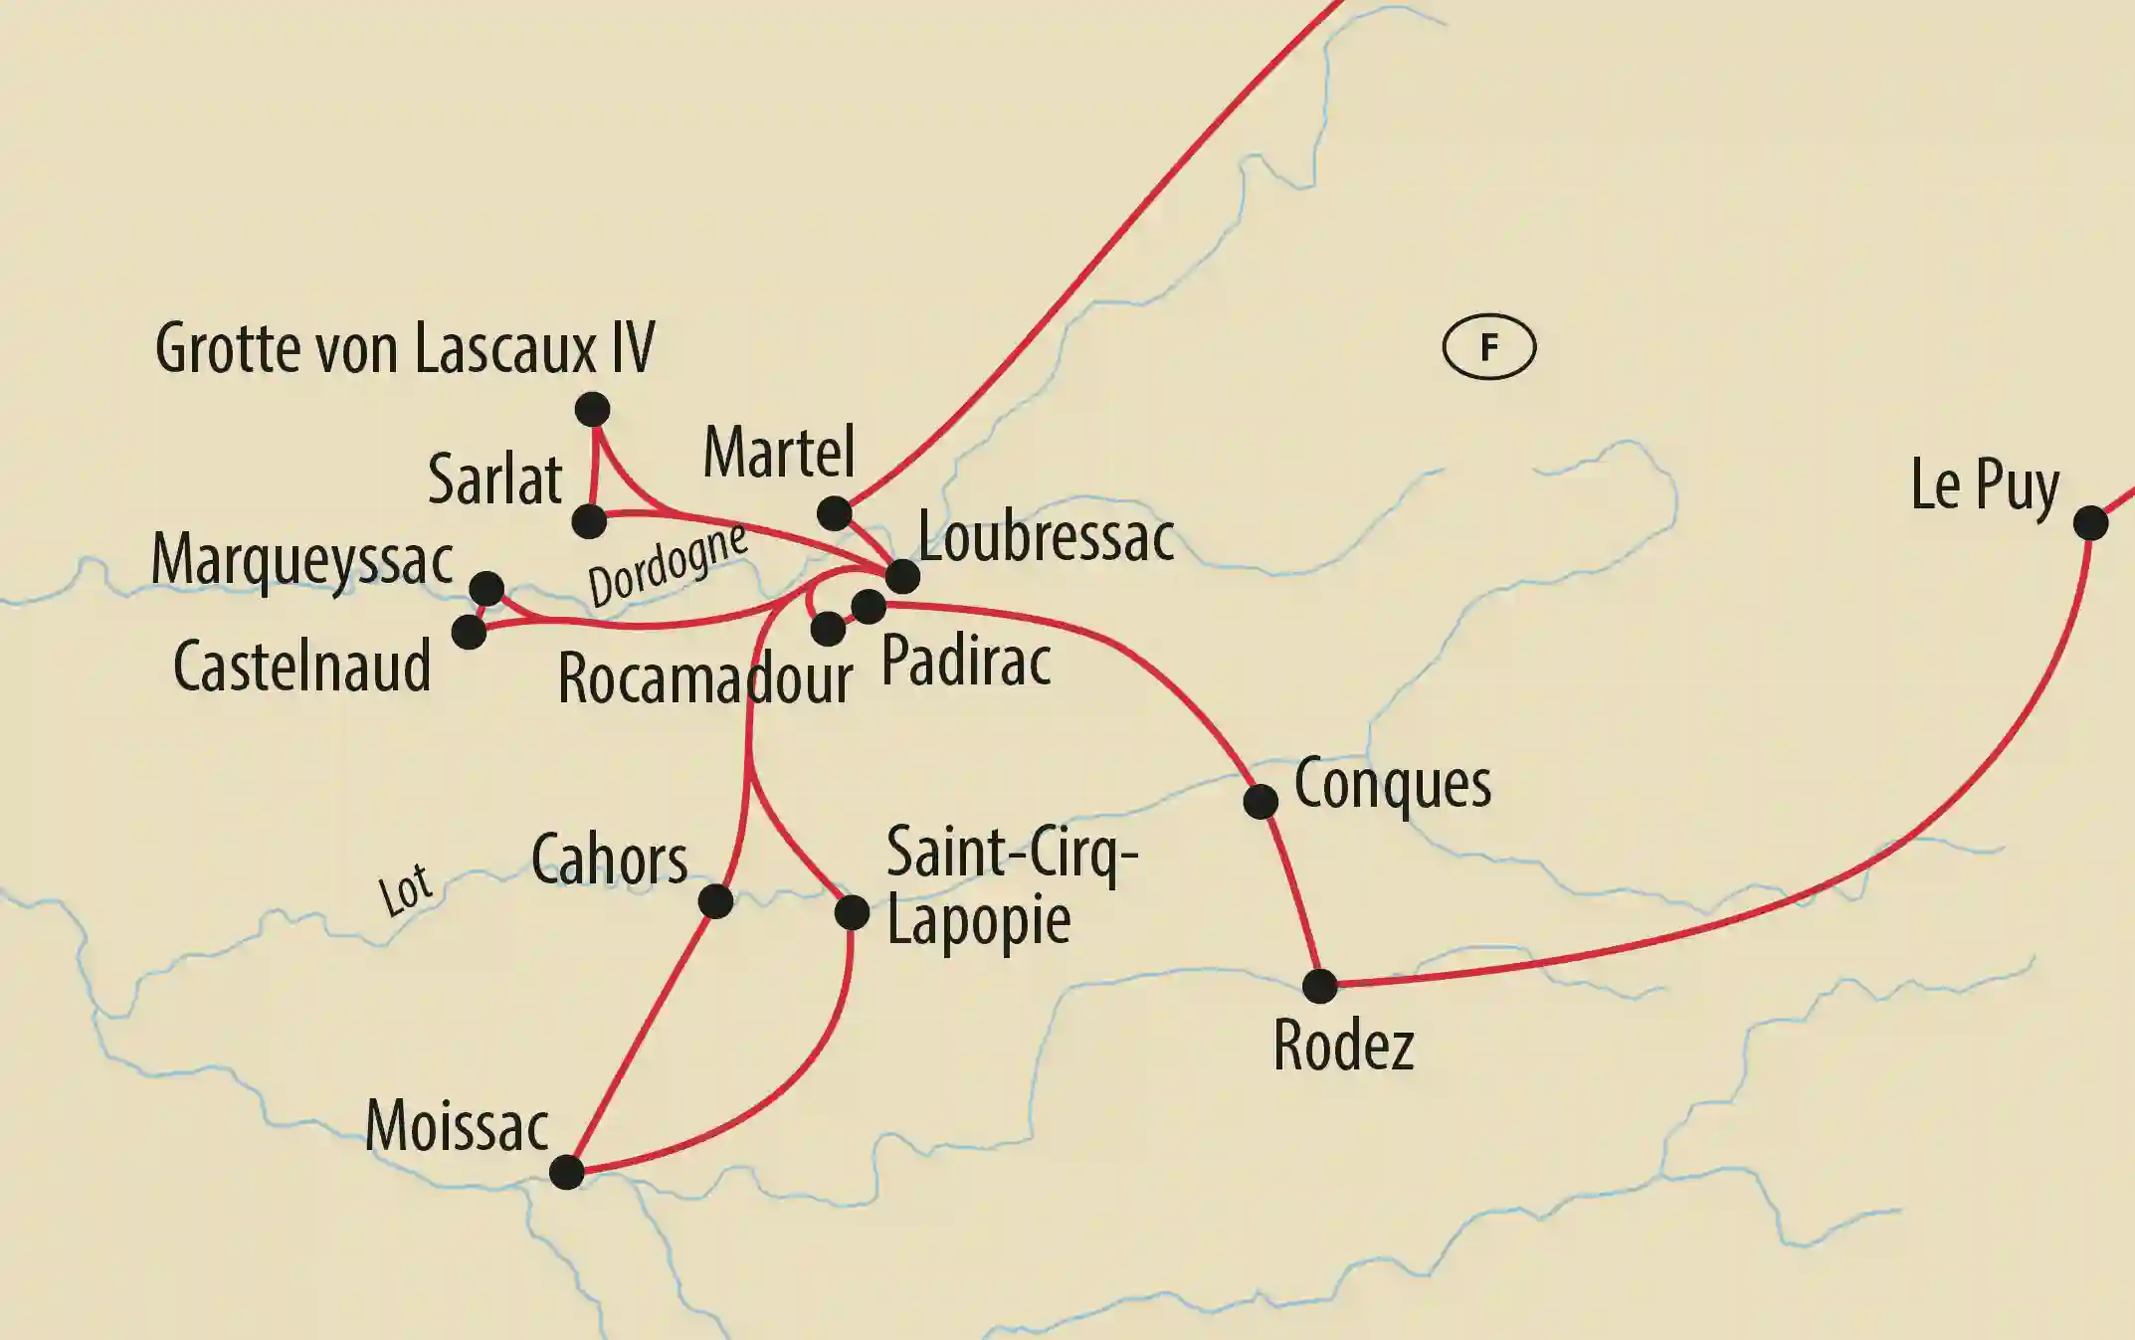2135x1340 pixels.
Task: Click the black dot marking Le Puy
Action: (2090, 522)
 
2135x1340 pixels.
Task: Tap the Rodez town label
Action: (1343, 1046)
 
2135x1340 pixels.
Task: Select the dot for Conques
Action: (1261, 801)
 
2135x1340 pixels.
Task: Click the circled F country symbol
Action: (1489, 347)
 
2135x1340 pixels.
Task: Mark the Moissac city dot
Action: (567, 1172)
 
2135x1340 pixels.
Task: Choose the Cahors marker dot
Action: (715, 901)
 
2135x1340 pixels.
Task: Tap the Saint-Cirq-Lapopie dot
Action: (852, 912)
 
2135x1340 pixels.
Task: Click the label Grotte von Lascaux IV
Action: (405, 348)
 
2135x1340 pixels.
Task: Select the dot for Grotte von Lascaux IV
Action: (592, 409)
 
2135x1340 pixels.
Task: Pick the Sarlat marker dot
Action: (589, 520)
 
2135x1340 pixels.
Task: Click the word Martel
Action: (779, 453)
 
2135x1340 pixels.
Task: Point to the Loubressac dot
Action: (902, 576)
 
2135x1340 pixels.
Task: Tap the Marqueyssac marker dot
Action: (486, 588)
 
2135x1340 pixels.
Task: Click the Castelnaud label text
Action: (301, 667)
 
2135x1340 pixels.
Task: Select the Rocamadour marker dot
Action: (828, 629)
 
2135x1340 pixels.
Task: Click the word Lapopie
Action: (978, 920)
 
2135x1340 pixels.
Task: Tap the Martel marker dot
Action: (834, 513)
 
